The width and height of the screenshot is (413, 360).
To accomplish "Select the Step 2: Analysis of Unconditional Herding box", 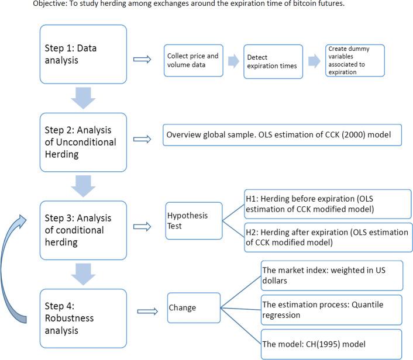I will (x=83, y=143).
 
